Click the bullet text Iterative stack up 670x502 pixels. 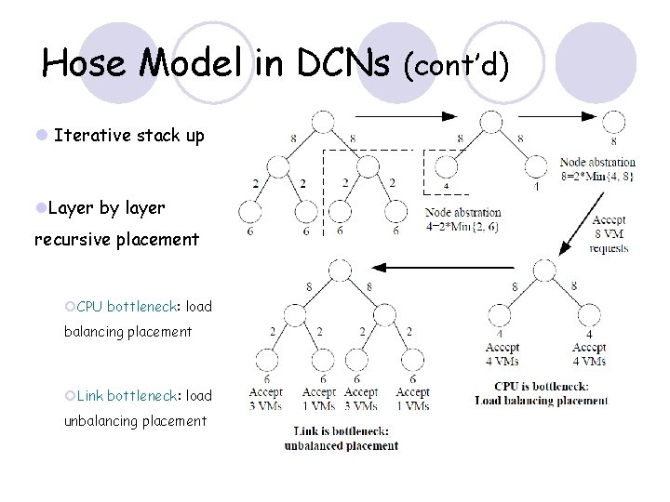128,136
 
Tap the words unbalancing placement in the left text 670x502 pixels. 135,421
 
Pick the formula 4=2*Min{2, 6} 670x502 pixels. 462,225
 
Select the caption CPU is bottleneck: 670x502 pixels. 542,387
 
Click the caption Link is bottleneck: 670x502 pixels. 342,431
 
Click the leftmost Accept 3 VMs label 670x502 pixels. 266,399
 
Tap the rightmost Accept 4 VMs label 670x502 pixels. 589,354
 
